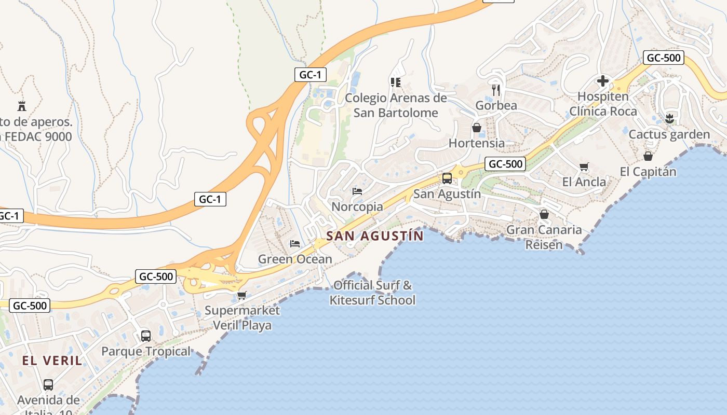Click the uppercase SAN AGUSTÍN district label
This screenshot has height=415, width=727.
click(x=375, y=236)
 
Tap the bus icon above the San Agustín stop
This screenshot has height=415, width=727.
click(x=447, y=178)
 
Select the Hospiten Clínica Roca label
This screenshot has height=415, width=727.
click(x=603, y=104)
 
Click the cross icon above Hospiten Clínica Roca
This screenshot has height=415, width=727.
click(x=603, y=81)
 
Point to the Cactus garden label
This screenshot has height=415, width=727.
click(x=669, y=134)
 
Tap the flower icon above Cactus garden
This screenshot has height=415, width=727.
click(x=669, y=118)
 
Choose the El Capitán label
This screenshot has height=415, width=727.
click(x=648, y=171)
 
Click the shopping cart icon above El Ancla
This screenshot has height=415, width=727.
click(x=584, y=167)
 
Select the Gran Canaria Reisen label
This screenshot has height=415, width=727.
click(x=544, y=237)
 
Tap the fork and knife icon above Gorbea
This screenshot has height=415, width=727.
click(x=496, y=90)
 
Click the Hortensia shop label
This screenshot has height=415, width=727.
click(x=476, y=143)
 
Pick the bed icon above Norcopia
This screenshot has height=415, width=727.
click(x=357, y=191)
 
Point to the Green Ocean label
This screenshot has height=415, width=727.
click(x=295, y=259)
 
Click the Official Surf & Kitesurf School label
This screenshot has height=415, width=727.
click(x=372, y=293)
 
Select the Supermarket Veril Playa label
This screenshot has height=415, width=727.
click(x=242, y=317)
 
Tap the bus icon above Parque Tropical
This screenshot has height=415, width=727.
click(x=146, y=336)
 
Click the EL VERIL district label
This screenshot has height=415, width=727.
click(x=52, y=361)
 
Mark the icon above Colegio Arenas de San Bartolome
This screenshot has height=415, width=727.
click(x=396, y=82)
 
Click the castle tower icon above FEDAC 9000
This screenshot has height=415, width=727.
click(x=22, y=106)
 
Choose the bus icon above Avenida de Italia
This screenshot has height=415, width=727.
click(x=48, y=384)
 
